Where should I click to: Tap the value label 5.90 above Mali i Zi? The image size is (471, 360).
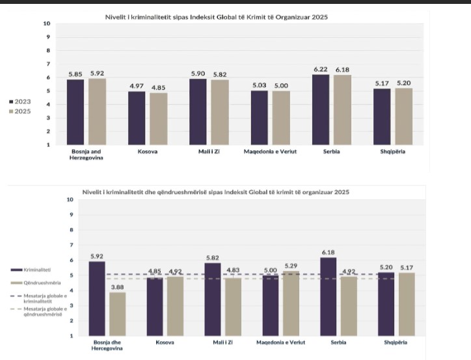point(198,74)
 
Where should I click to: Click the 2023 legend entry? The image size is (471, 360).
point(20,102)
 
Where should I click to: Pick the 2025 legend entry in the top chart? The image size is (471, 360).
point(20,112)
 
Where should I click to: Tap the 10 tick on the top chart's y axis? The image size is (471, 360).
point(46,23)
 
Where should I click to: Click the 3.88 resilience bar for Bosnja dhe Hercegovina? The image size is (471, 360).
point(117,314)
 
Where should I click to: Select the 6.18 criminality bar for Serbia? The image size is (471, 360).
point(329,296)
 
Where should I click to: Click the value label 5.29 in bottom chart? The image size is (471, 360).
point(291,266)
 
